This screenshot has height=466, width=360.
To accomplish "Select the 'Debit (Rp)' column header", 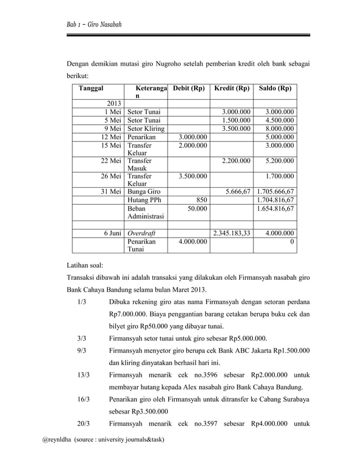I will [x=188, y=89].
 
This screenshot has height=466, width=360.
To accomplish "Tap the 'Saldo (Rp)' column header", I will [x=275, y=89].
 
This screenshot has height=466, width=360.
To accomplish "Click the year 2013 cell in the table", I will [x=114, y=103].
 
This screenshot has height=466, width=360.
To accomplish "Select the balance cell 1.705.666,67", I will [x=275, y=191].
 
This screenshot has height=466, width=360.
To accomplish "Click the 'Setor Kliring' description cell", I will [x=146, y=128].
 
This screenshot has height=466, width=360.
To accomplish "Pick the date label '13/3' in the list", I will [x=81, y=375].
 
